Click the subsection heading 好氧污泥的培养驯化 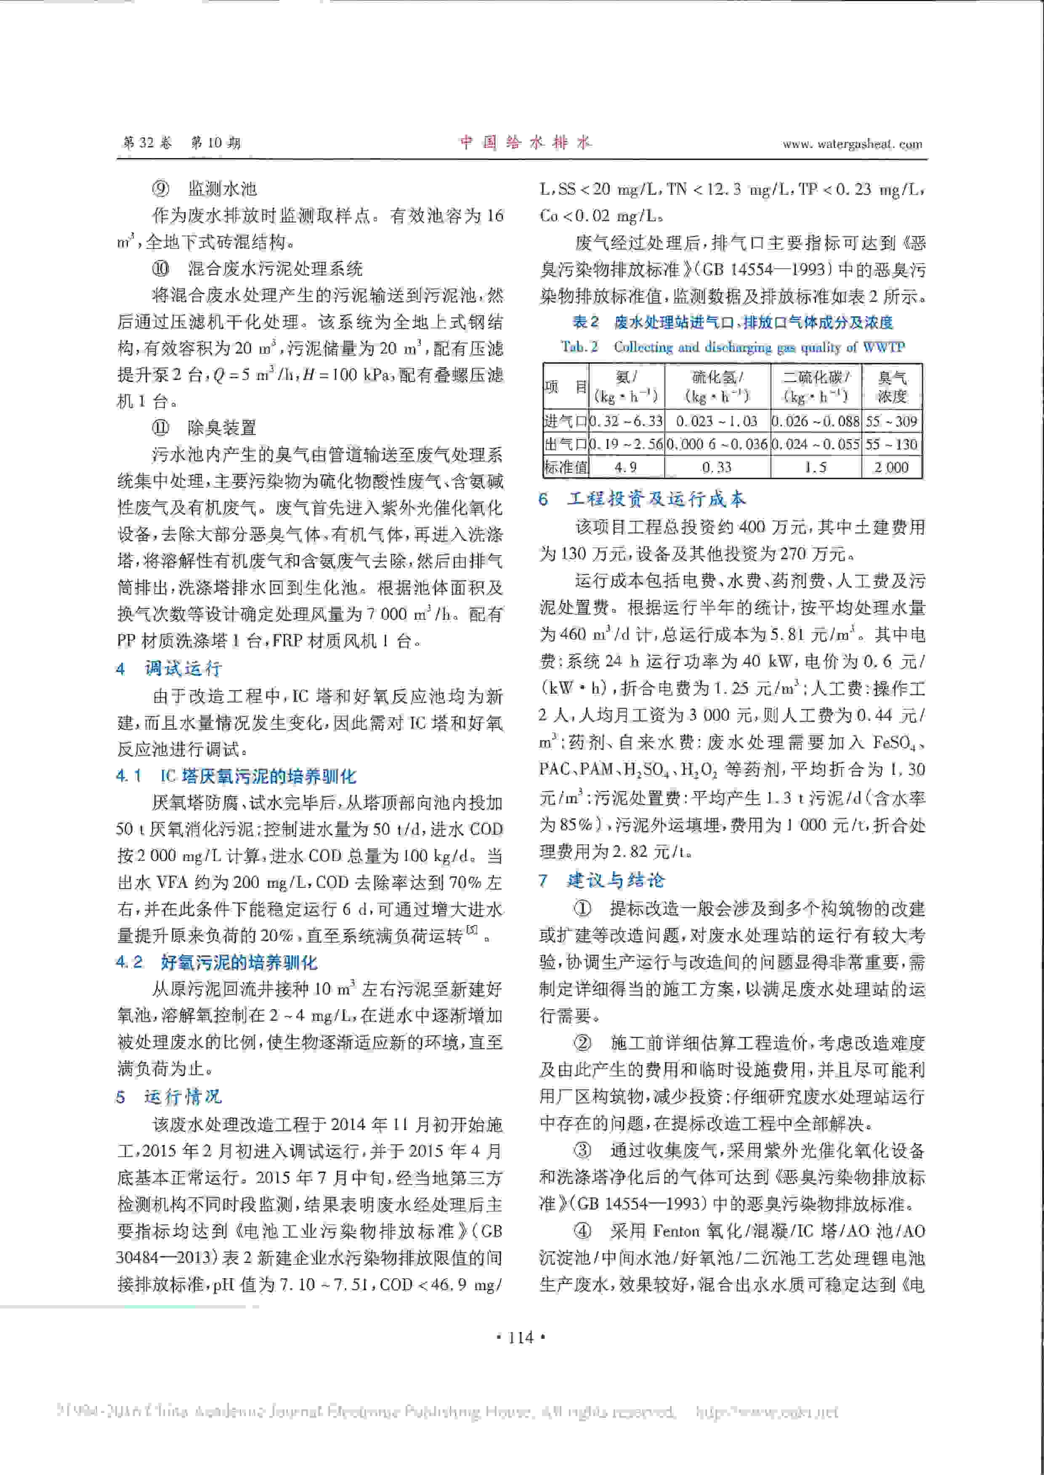(239, 962)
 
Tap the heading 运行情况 (183, 1096)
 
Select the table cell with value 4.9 (625, 467)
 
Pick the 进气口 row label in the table (565, 421)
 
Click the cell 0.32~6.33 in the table (625, 421)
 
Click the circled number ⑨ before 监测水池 (160, 188)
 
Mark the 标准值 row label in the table (565, 467)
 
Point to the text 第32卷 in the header (147, 143)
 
